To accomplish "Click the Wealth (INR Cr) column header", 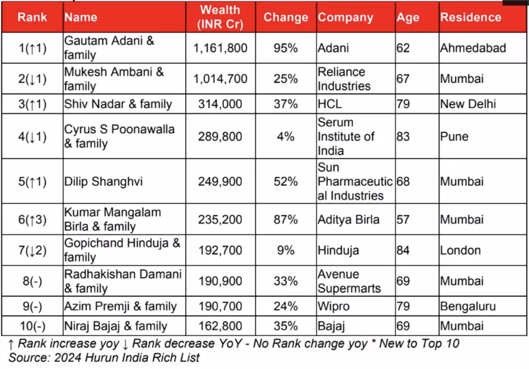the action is pyautogui.click(x=220, y=17).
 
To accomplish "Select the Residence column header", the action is pyautogui.click(x=470, y=17).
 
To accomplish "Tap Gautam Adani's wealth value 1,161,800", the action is pyautogui.click(x=220, y=48).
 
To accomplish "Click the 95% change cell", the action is pyautogui.click(x=286, y=48).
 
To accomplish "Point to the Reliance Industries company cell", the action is pyautogui.click(x=344, y=79).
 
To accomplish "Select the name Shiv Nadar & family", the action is pyautogui.click(x=118, y=104).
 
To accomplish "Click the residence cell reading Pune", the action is pyautogui.click(x=454, y=136).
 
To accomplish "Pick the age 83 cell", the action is pyautogui.click(x=403, y=136).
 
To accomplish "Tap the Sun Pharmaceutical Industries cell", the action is pyautogui.click(x=355, y=181).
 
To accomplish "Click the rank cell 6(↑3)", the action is pyautogui.click(x=33, y=220).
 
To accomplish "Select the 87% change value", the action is pyautogui.click(x=286, y=220).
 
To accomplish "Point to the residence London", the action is pyautogui.click(x=460, y=250).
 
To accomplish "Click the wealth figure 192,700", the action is pyautogui.click(x=220, y=250).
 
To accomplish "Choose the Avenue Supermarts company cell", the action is pyautogui.click(x=349, y=281).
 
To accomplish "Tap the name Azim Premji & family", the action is pyautogui.click(x=121, y=306).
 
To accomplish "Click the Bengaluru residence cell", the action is pyautogui.click(x=468, y=306).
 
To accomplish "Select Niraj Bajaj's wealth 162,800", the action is pyautogui.click(x=220, y=326).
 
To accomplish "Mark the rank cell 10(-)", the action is pyautogui.click(x=33, y=326).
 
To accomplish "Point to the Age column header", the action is pyautogui.click(x=408, y=18).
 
